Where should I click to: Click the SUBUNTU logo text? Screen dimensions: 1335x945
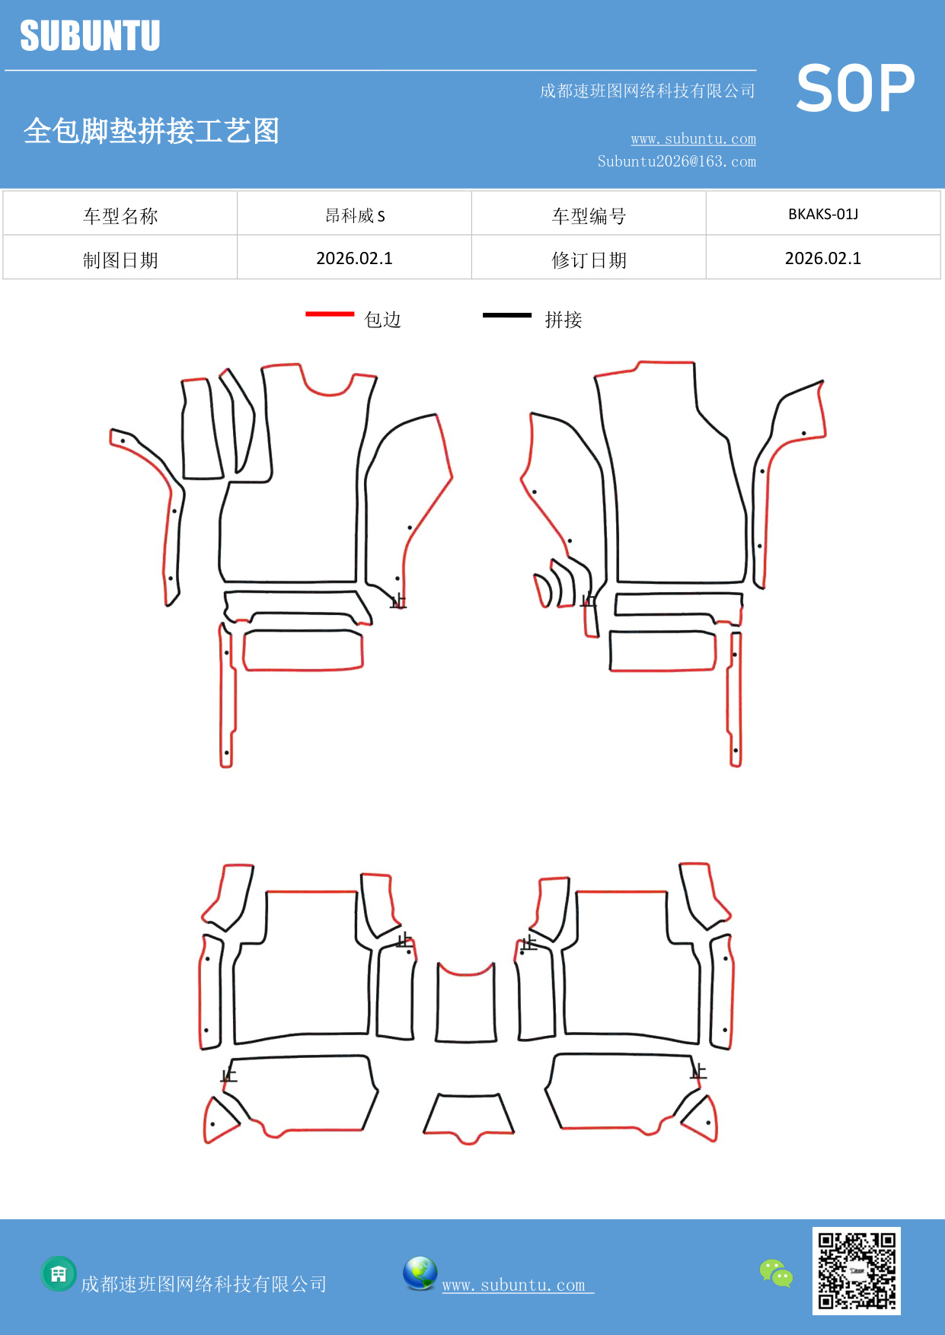click(x=90, y=36)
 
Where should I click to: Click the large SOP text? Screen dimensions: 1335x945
click(x=855, y=89)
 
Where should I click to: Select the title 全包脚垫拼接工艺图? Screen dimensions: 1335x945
click(x=152, y=131)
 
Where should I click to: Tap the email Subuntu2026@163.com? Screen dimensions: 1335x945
click(x=676, y=161)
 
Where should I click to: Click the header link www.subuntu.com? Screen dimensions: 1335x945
click(x=693, y=139)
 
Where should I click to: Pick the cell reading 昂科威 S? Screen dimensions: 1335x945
click(x=355, y=215)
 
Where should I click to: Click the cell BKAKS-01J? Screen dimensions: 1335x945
click(x=822, y=215)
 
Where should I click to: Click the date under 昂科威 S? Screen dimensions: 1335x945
click(x=355, y=259)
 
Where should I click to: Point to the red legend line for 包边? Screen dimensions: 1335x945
click(x=330, y=314)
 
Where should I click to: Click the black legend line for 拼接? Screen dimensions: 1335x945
click(x=507, y=314)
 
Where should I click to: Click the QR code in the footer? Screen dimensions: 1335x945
click(x=856, y=1270)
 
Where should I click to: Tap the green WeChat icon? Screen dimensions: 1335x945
click(x=776, y=1273)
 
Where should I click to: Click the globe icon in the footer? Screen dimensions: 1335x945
click(x=420, y=1273)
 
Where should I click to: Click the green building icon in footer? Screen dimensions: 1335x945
click(x=59, y=1273)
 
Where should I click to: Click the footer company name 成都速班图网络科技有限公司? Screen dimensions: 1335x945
click(x=203, y=1285)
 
